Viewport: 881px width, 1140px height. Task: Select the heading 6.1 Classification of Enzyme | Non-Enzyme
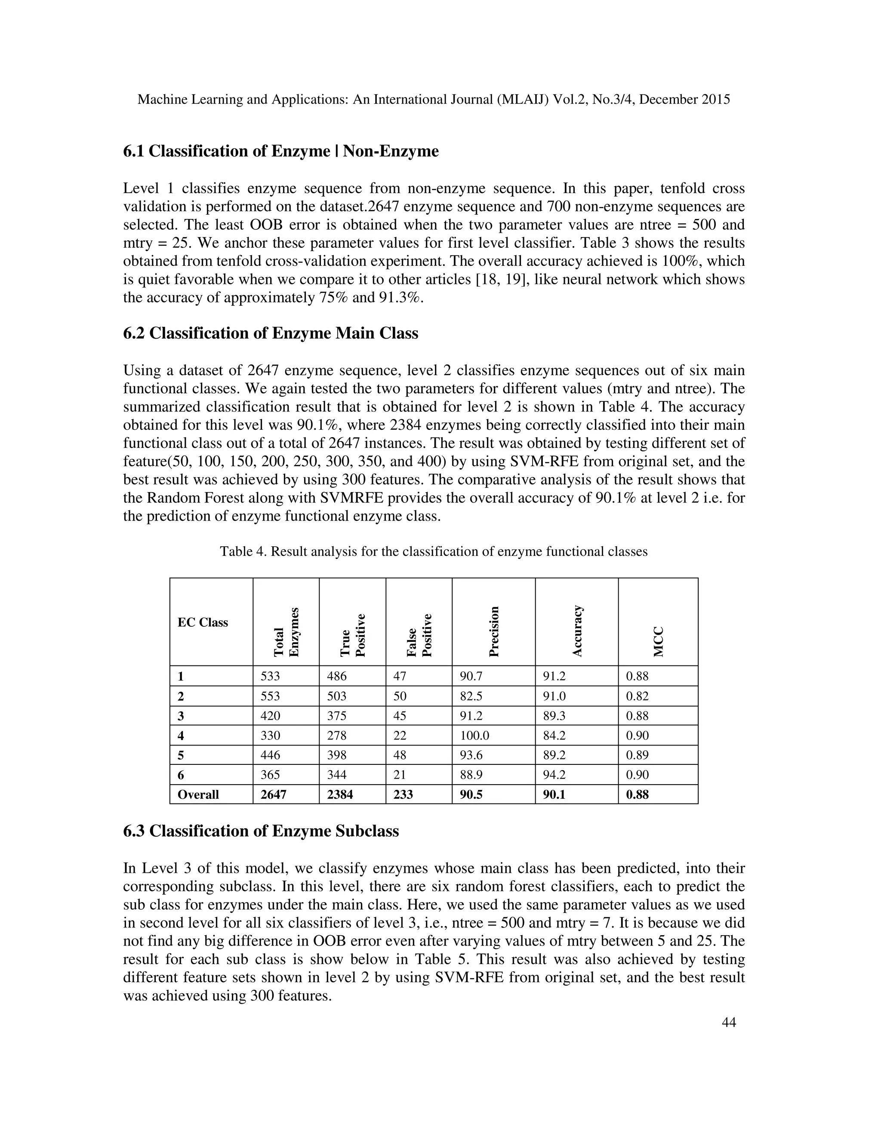click(281, 151)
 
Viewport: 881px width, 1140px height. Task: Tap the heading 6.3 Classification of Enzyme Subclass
click(261, 830)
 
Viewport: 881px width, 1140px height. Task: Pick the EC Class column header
click(203, 622)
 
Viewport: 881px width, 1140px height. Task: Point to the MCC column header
click(658, 641)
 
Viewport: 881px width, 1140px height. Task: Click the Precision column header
click(494, 631)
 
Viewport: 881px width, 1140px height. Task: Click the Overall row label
click(198, 795)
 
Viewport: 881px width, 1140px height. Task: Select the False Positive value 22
click(400, 736)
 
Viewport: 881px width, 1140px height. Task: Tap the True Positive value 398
click(337, 755)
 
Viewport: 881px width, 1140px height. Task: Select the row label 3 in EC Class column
click(181, 716)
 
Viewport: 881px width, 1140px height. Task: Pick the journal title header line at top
click(433, 99)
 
